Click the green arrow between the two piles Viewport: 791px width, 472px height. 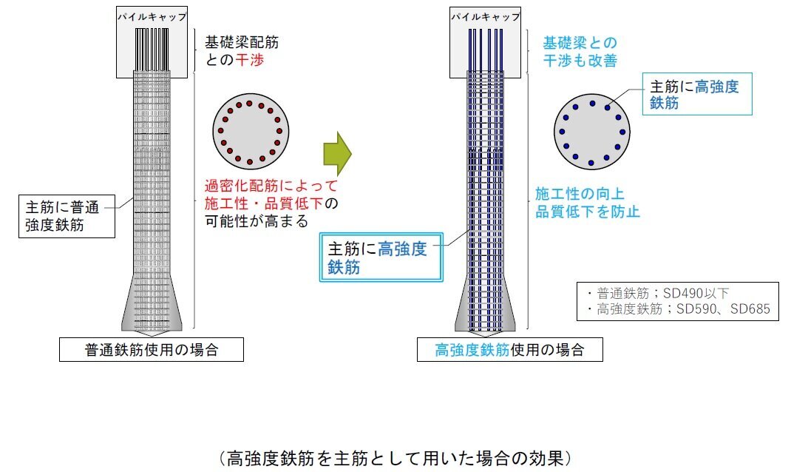(335, 153)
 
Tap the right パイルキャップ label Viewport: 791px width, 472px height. (484, 16)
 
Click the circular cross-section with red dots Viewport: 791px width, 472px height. (249, 132)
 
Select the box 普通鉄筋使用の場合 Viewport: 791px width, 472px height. (151, 350)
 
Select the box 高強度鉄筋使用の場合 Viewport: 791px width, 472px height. (509, 350)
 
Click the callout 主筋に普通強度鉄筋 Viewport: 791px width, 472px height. (67, 215)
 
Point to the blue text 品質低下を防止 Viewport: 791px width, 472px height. (588, 212)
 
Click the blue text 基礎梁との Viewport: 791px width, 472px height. (580, 43)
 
